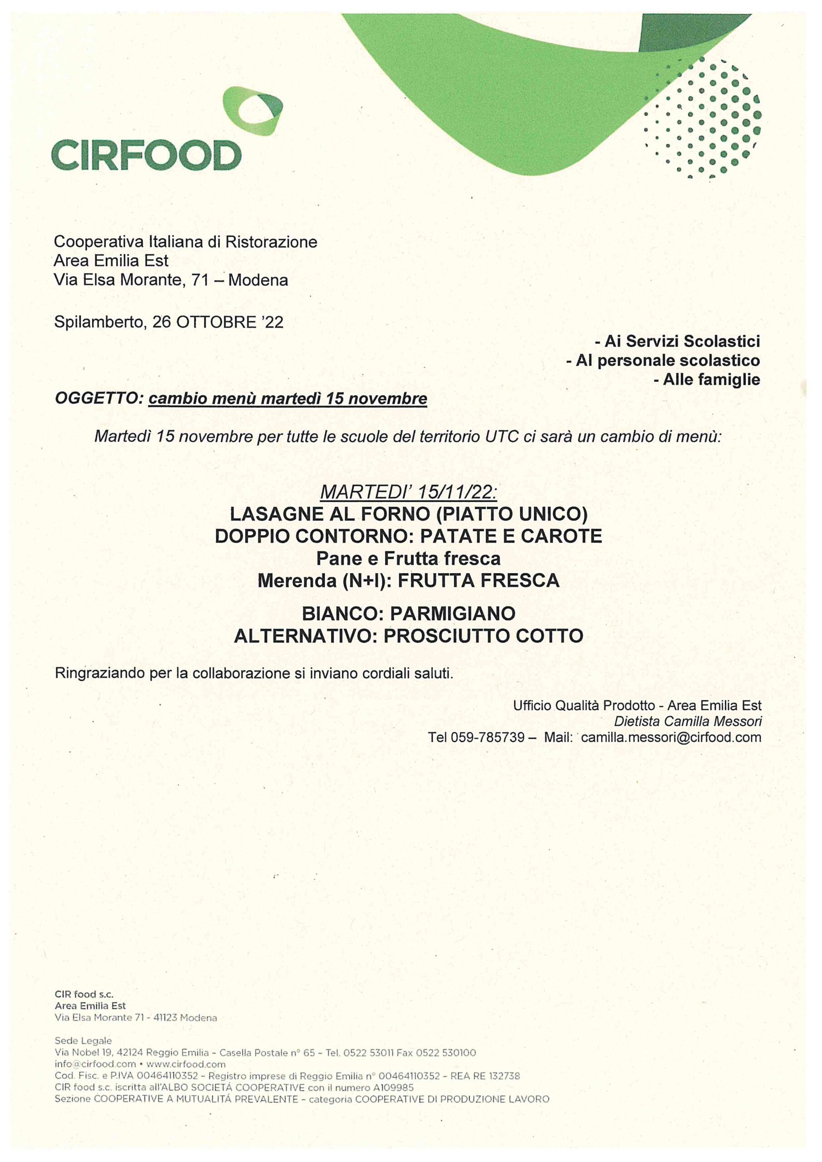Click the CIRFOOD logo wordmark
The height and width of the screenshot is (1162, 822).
pos(146,155)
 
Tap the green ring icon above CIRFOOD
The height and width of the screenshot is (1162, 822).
pos(252,111)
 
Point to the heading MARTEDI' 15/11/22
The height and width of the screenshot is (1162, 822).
pos(409,492)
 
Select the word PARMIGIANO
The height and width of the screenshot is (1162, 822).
pos(452,614)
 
